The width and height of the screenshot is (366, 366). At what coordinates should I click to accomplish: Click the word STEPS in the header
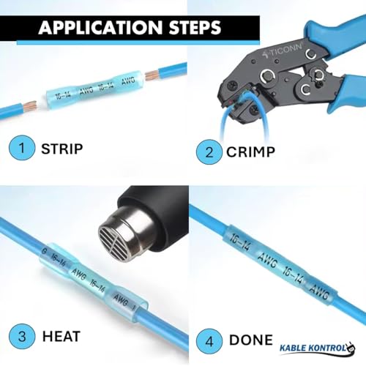(195, 27)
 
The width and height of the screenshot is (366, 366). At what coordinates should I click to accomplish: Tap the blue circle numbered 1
(22, 148)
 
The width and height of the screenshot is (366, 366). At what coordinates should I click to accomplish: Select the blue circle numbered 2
(209, 152)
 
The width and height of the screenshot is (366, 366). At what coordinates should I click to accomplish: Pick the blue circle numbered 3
(22, 337)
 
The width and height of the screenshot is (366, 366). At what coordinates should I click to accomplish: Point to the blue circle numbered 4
(209, 341)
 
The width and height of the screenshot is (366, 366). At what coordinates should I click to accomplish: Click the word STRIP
(62, 149)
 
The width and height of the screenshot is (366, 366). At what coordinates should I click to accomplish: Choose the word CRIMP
(250, 152)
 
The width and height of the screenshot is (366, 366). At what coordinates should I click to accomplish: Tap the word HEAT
(61, 337)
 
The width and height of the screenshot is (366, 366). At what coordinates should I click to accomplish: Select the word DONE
(251, 340)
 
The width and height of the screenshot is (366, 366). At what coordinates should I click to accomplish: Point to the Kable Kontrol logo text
(313, 348)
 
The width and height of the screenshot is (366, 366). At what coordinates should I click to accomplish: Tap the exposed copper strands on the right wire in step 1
(152, 75)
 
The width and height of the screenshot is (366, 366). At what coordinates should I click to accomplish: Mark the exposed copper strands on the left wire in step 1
(30, 106)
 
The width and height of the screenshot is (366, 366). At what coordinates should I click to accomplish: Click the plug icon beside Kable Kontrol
(351, 347)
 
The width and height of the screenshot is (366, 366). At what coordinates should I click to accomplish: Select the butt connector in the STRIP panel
(94, 90)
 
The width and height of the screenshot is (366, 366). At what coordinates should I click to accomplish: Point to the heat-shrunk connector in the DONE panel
(280, 264)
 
